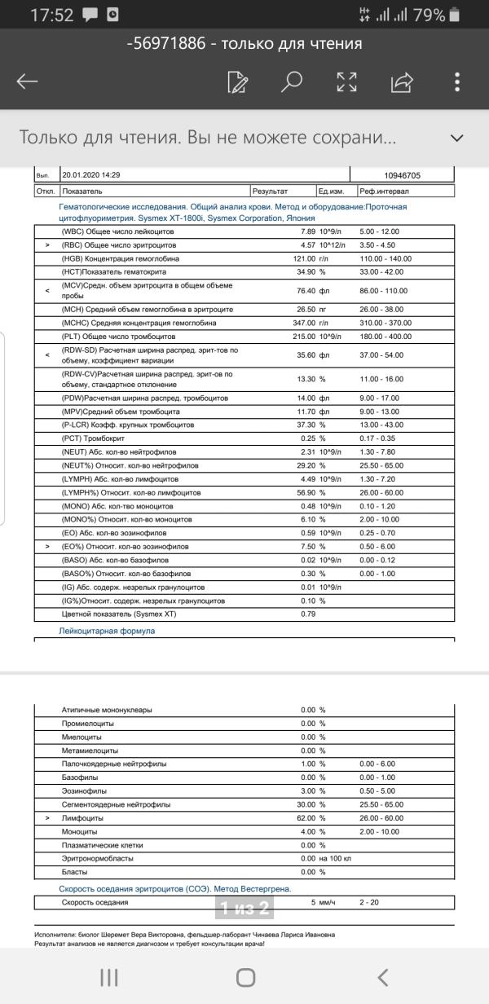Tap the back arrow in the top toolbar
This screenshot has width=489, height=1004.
(28, 81)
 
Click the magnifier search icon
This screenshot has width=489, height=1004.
(291, 81)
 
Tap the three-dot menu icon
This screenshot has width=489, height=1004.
(458, 81)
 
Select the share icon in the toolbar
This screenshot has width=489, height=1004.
(403, 81)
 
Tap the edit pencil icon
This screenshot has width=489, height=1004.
(237, 81)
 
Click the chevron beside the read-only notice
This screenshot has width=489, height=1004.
(458, 138)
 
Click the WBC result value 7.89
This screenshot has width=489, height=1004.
(304, 231)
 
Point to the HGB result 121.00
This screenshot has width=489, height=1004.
(302, 258)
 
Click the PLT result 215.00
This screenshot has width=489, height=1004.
(302, 337)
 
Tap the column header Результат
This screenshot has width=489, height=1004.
(270, 191)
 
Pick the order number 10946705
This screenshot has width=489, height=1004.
(402, 175)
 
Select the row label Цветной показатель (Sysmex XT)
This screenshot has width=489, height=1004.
(112, 614)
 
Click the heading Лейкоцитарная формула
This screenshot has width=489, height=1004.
(107, 631)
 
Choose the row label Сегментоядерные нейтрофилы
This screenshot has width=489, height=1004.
(116, 804)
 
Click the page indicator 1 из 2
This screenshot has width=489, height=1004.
(244, 907)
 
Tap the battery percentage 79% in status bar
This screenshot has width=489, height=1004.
(429, 15)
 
